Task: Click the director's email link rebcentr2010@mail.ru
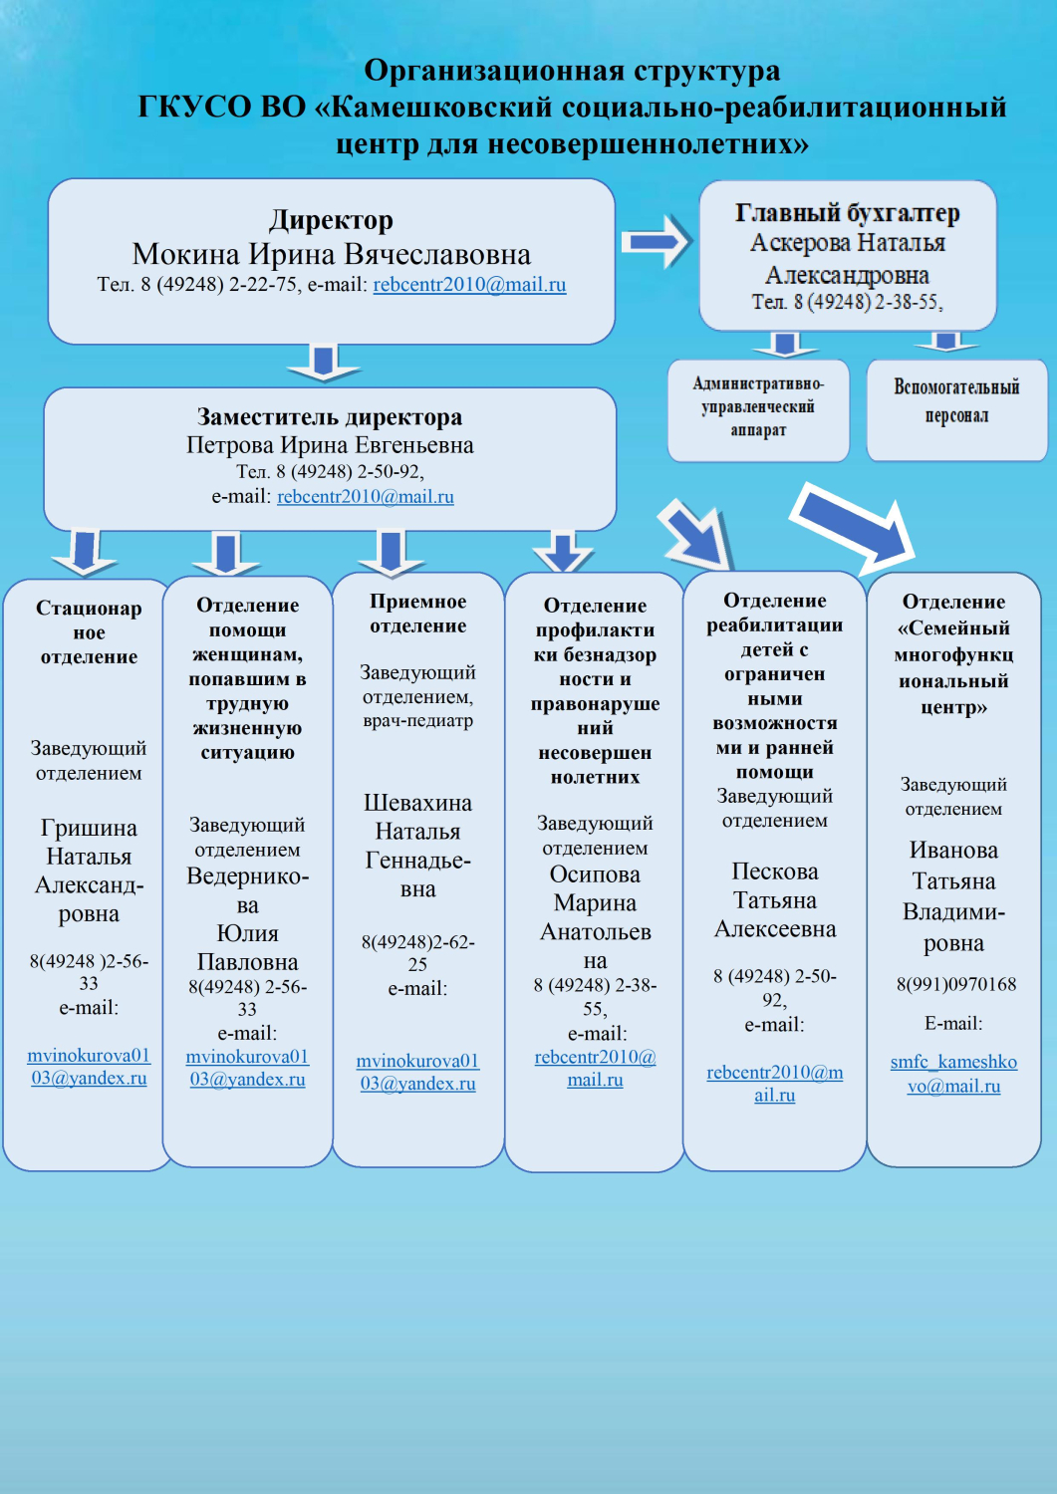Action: tap(469, 285)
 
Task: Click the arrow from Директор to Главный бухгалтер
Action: tap(656, 241)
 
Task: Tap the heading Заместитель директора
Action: tap(330, 416)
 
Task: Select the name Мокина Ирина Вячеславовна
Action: tap(331, 254)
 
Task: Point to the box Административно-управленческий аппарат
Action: tap(758, 407)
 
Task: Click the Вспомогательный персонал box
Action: tap(956, 401)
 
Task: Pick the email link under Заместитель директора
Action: tap(365, 496)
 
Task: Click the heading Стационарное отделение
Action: tap(89, 631)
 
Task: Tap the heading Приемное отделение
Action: tap(417, 614)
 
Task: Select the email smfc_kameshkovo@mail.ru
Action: tap(953, 1074)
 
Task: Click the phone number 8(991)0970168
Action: tap(955, 984)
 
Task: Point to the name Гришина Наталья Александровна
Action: tap(89, 871)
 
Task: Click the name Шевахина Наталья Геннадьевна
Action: tap(417, 845)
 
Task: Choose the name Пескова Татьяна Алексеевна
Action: tap(775, 900)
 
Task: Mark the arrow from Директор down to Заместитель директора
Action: tap(323, 364)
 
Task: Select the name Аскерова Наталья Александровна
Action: tap(847, 258)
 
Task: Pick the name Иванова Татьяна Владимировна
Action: tap(953, 895)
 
